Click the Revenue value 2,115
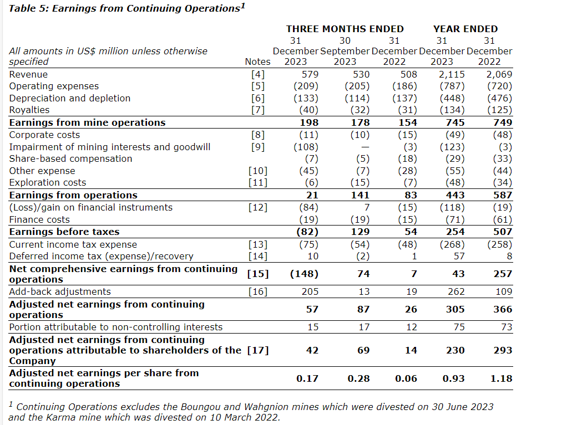click(452, 74)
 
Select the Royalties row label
click(29, 110)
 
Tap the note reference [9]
click(259, 147)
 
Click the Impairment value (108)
click(306, 147)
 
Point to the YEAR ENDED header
click(465, 29)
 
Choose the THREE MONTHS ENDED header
click(345, 29)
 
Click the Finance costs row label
click(39, 219)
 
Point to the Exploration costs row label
click(48, 183)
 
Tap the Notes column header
click(257, 62)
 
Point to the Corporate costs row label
click(44, 135)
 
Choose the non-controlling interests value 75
click(458, 327)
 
